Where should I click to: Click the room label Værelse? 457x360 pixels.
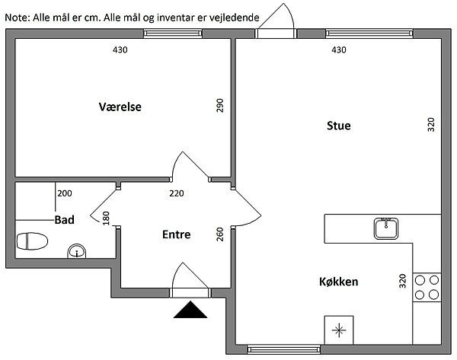point(120,107)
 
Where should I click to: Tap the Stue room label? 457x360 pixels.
point(338,126)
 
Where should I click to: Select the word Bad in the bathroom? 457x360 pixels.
point(64,219)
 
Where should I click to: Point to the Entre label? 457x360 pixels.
point(177,234)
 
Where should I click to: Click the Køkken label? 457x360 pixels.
point(338,282)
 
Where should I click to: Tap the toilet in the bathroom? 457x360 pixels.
point(32,241)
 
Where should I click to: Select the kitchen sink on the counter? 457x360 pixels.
point(386,227)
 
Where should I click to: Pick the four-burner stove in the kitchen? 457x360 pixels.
point(427,286)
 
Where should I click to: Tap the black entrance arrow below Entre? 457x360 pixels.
point(190,310)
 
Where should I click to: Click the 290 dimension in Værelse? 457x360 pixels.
point(221,106)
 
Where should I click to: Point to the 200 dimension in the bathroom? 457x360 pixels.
point(65,193)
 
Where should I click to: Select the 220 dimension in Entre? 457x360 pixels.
point(177,193)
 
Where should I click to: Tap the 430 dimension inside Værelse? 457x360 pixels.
point(120,50)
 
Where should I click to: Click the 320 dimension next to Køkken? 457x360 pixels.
point(403,281)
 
